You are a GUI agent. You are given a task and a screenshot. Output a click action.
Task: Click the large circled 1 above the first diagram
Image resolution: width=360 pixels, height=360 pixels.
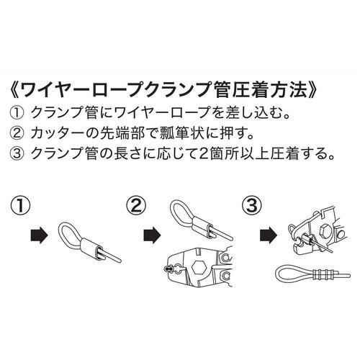20,206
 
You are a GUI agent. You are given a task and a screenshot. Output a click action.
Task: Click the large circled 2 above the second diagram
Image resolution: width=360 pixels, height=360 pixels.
136,206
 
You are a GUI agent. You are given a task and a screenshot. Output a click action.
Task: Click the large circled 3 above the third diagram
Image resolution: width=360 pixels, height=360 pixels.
252,206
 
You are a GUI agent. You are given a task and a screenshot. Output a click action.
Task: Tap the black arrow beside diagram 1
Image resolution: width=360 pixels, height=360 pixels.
40,235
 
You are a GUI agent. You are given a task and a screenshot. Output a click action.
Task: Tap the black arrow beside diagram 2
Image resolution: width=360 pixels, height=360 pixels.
152,235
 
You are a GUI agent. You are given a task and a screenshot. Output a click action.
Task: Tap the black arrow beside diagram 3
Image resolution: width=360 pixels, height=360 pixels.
269,235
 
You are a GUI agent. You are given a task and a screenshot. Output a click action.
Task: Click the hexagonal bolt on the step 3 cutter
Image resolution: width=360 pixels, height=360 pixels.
327,232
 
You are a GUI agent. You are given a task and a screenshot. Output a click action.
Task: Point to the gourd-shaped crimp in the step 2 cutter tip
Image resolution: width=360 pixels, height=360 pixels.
168,269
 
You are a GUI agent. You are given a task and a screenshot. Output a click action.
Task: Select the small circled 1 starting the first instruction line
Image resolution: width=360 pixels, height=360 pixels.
17,113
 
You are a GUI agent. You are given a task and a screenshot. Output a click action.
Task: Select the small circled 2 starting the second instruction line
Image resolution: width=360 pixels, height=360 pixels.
17,133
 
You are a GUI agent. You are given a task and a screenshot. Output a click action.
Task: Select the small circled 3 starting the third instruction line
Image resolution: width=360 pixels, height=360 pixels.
17,154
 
